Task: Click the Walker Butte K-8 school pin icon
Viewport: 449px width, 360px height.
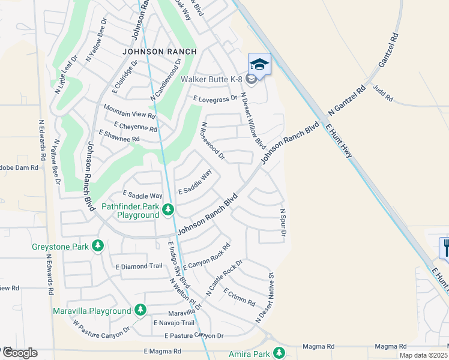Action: coord(259,64)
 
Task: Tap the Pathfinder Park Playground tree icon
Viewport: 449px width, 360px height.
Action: coord(169,209)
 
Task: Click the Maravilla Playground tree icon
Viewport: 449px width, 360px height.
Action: coord(140,310)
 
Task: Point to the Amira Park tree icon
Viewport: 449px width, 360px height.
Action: coord(279,353)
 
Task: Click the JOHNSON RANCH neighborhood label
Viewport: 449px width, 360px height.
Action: coord(159,52)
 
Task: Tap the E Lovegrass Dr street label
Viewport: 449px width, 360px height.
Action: coord(215,99)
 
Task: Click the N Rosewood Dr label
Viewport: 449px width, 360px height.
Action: coord(213,142)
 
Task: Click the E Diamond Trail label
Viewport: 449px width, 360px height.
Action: coord(139,266)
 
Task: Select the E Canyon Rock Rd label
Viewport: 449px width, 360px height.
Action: coord(206,256)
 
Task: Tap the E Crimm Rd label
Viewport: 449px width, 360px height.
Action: coord(240,296)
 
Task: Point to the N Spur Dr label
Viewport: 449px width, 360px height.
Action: coord(283,222)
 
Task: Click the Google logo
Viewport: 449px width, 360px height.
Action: coord(20,353)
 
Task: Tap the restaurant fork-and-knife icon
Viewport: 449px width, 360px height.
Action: coord(445,247)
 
